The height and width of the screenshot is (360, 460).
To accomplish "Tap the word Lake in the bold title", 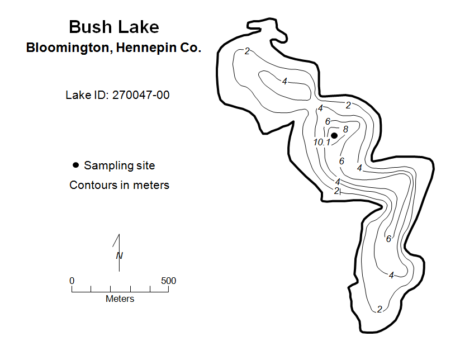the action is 139,27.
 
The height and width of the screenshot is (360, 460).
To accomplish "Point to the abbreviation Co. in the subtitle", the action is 191,48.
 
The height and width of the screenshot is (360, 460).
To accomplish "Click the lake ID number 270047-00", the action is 141,95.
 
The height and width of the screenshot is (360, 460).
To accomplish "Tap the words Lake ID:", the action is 87,95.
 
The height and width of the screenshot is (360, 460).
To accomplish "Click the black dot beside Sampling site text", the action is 75,165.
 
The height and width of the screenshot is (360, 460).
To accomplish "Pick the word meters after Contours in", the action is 151,185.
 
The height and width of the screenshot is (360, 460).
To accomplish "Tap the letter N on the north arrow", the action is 120,256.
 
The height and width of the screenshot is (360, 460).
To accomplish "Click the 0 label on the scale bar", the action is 72,281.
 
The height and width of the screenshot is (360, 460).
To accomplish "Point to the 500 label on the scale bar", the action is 168,281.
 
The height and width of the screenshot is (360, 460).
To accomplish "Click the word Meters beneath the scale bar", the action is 120,299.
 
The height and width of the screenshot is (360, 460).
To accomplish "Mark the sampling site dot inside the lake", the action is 334,135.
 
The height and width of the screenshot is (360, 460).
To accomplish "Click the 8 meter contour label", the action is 345,129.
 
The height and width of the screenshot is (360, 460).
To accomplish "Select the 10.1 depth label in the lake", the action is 322,143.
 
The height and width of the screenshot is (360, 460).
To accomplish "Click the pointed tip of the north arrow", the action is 119,234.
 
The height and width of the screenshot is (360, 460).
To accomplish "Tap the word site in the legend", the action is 144,165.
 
